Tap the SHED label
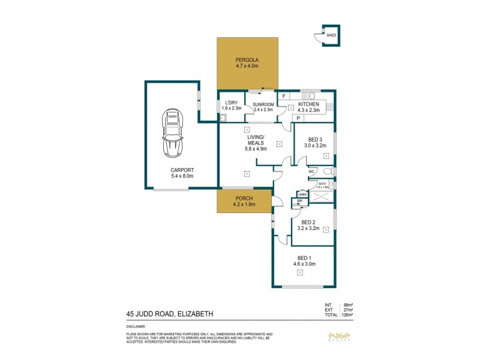coord(331,35)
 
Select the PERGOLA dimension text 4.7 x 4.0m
coord(247,66)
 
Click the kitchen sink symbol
coord(308,95)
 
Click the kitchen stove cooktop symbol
coord(330,108)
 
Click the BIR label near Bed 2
coord(299,201)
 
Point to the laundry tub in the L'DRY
coord(223,118)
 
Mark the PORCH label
coord(244,198)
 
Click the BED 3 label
coord(314,140)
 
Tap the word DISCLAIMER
coord(136,327)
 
